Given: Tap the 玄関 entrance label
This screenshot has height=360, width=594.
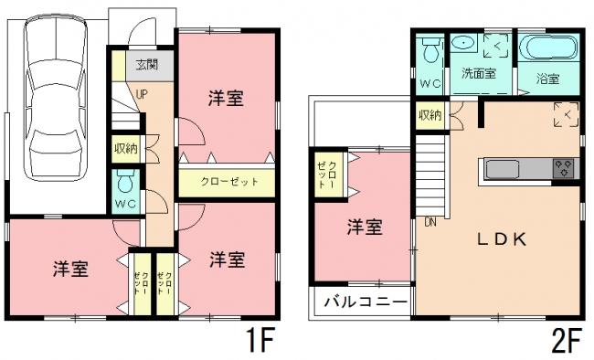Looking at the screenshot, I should (146, 65).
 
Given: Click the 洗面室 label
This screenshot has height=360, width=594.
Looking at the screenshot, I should (478, 74).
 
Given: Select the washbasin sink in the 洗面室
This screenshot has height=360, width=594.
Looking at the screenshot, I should (462, 44).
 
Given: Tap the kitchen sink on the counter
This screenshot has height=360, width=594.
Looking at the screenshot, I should (503, 169).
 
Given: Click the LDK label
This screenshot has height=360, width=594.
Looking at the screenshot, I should (499, 239).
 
